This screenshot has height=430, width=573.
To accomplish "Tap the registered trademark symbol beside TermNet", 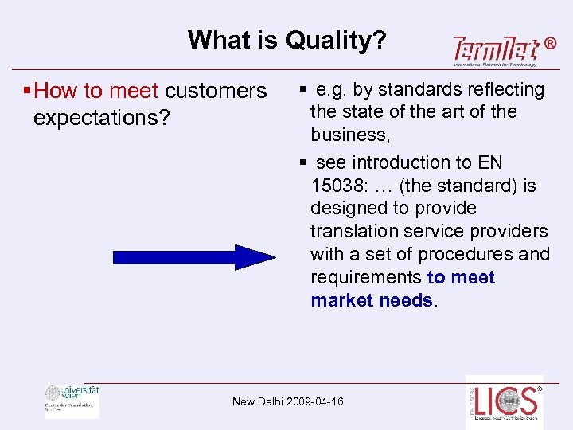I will click(550, 45).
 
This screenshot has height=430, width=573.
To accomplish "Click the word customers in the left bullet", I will click(216, 91).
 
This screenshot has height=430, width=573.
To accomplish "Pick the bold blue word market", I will click(342, 300).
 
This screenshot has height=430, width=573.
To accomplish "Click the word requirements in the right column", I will click(366, 278).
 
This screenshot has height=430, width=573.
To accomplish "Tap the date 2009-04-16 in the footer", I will click(316, 401).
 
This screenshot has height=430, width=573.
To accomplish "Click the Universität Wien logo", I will click(72, 400).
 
